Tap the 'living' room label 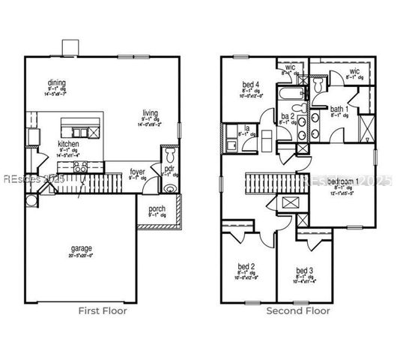click(x=151, y=113)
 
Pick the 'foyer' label click(x=137, y=171)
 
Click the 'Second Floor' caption click(x=298, y=310)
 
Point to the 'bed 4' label click(x=252, y=83)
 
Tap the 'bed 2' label click(x=247, y=267)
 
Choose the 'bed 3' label click(x=303, y=271)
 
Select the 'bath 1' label click(x=339, y=109)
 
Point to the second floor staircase click(x=274, y=181)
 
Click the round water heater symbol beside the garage click(x=51, y=200)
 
